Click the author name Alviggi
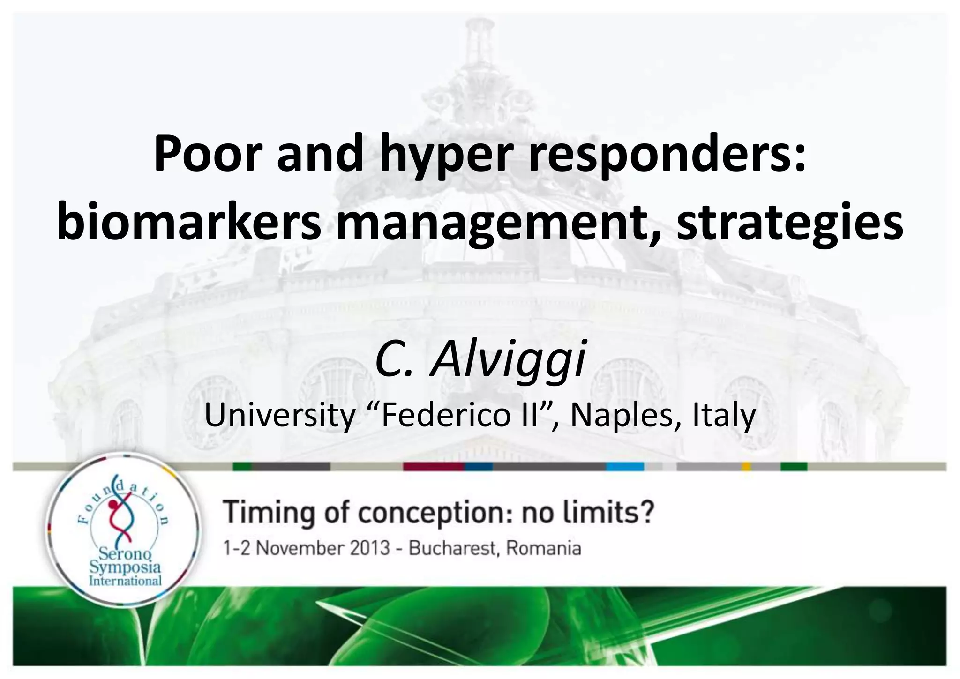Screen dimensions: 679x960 508,361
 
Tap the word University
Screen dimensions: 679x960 280,415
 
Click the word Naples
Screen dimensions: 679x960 619,415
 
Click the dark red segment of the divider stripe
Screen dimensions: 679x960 434,467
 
